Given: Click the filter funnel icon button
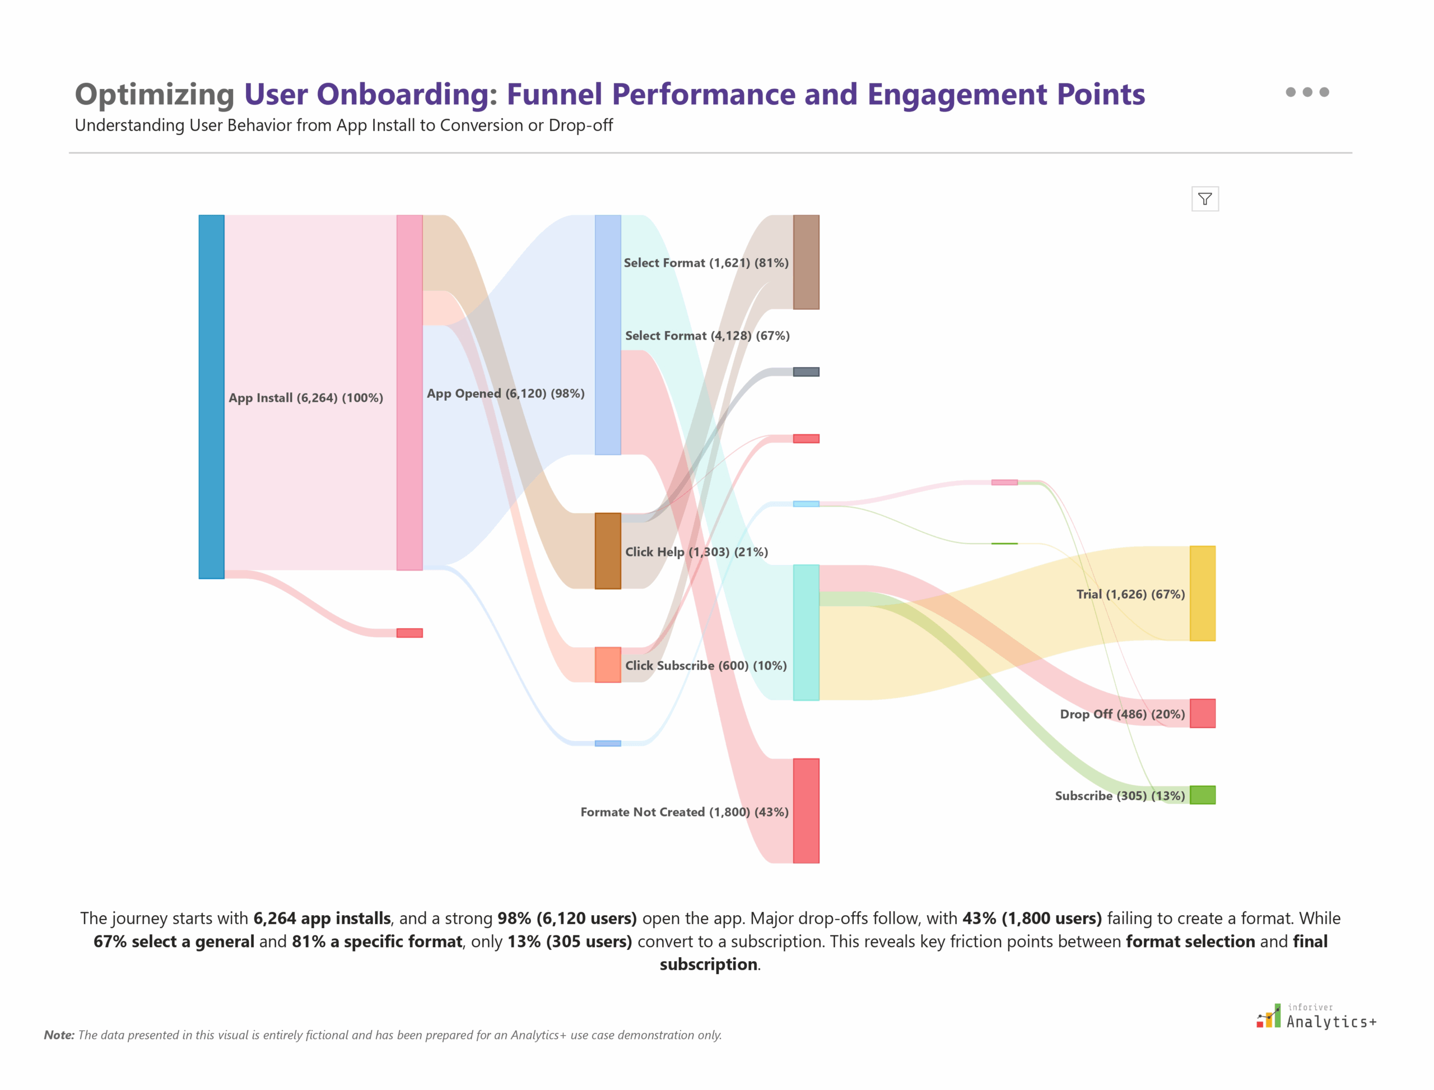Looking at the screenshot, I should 1204,199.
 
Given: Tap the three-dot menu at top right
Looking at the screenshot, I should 1307,92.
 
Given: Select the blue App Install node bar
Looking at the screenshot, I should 211,396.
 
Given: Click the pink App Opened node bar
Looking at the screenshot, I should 409,392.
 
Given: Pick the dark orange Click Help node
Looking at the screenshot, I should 608,551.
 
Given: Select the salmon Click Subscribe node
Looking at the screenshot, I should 608,665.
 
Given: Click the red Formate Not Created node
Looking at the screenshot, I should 806,810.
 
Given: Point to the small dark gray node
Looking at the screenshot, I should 806,372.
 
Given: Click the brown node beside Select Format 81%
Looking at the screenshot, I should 806,262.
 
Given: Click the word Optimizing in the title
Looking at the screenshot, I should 155,95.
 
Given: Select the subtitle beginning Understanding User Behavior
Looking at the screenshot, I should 343,125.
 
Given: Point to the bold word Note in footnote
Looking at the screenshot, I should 58,1035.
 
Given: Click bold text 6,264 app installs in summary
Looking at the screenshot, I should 322,918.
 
